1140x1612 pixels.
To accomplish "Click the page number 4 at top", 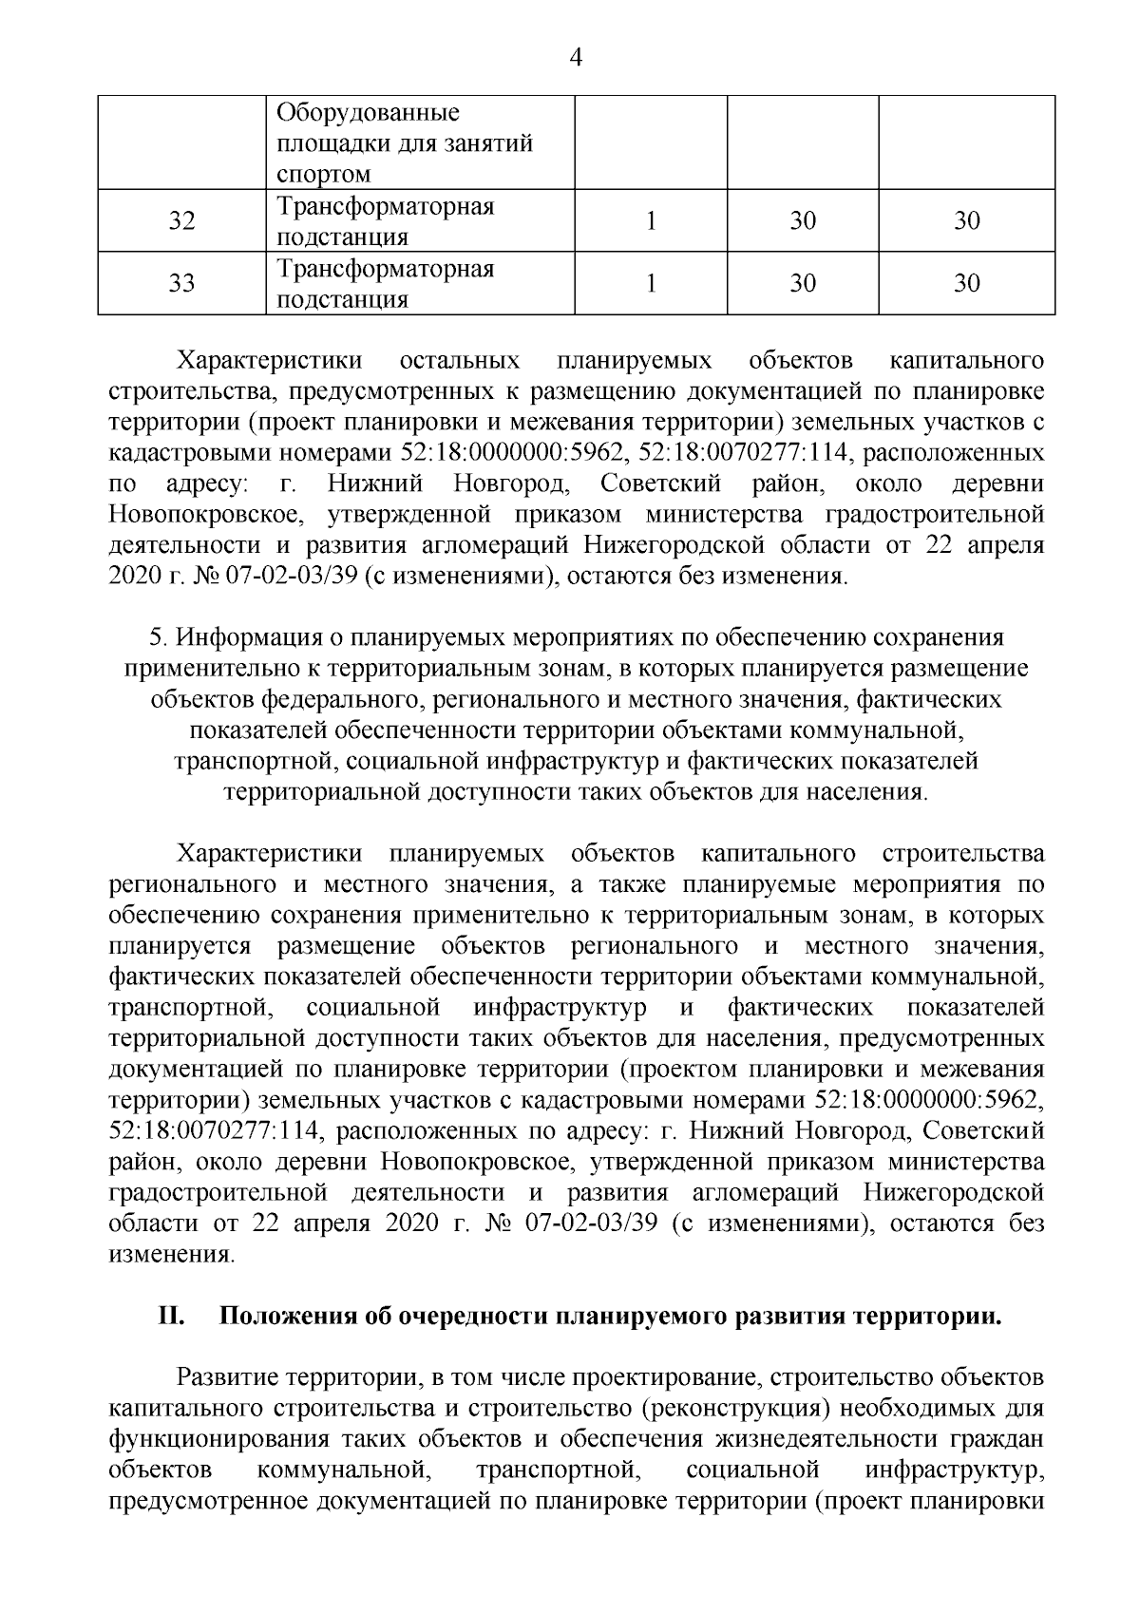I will (575, 58).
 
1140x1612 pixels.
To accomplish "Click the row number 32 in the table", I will (181, 221).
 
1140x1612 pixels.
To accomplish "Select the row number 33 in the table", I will (181, 284).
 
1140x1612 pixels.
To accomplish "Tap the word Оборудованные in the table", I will (368, 114).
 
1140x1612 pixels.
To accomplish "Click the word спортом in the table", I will (323, 175).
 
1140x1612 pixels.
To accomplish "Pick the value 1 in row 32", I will (651, 221).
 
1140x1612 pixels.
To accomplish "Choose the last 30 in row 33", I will (966, 284).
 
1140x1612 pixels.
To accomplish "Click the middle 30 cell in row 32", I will (803, 221).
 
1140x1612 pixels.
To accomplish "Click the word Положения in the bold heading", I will (281, 1318).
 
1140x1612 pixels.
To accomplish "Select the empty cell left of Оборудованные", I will (181, 142).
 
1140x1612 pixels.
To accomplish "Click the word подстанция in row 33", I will (342, 300).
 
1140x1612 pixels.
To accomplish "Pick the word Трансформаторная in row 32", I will (385, 206).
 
